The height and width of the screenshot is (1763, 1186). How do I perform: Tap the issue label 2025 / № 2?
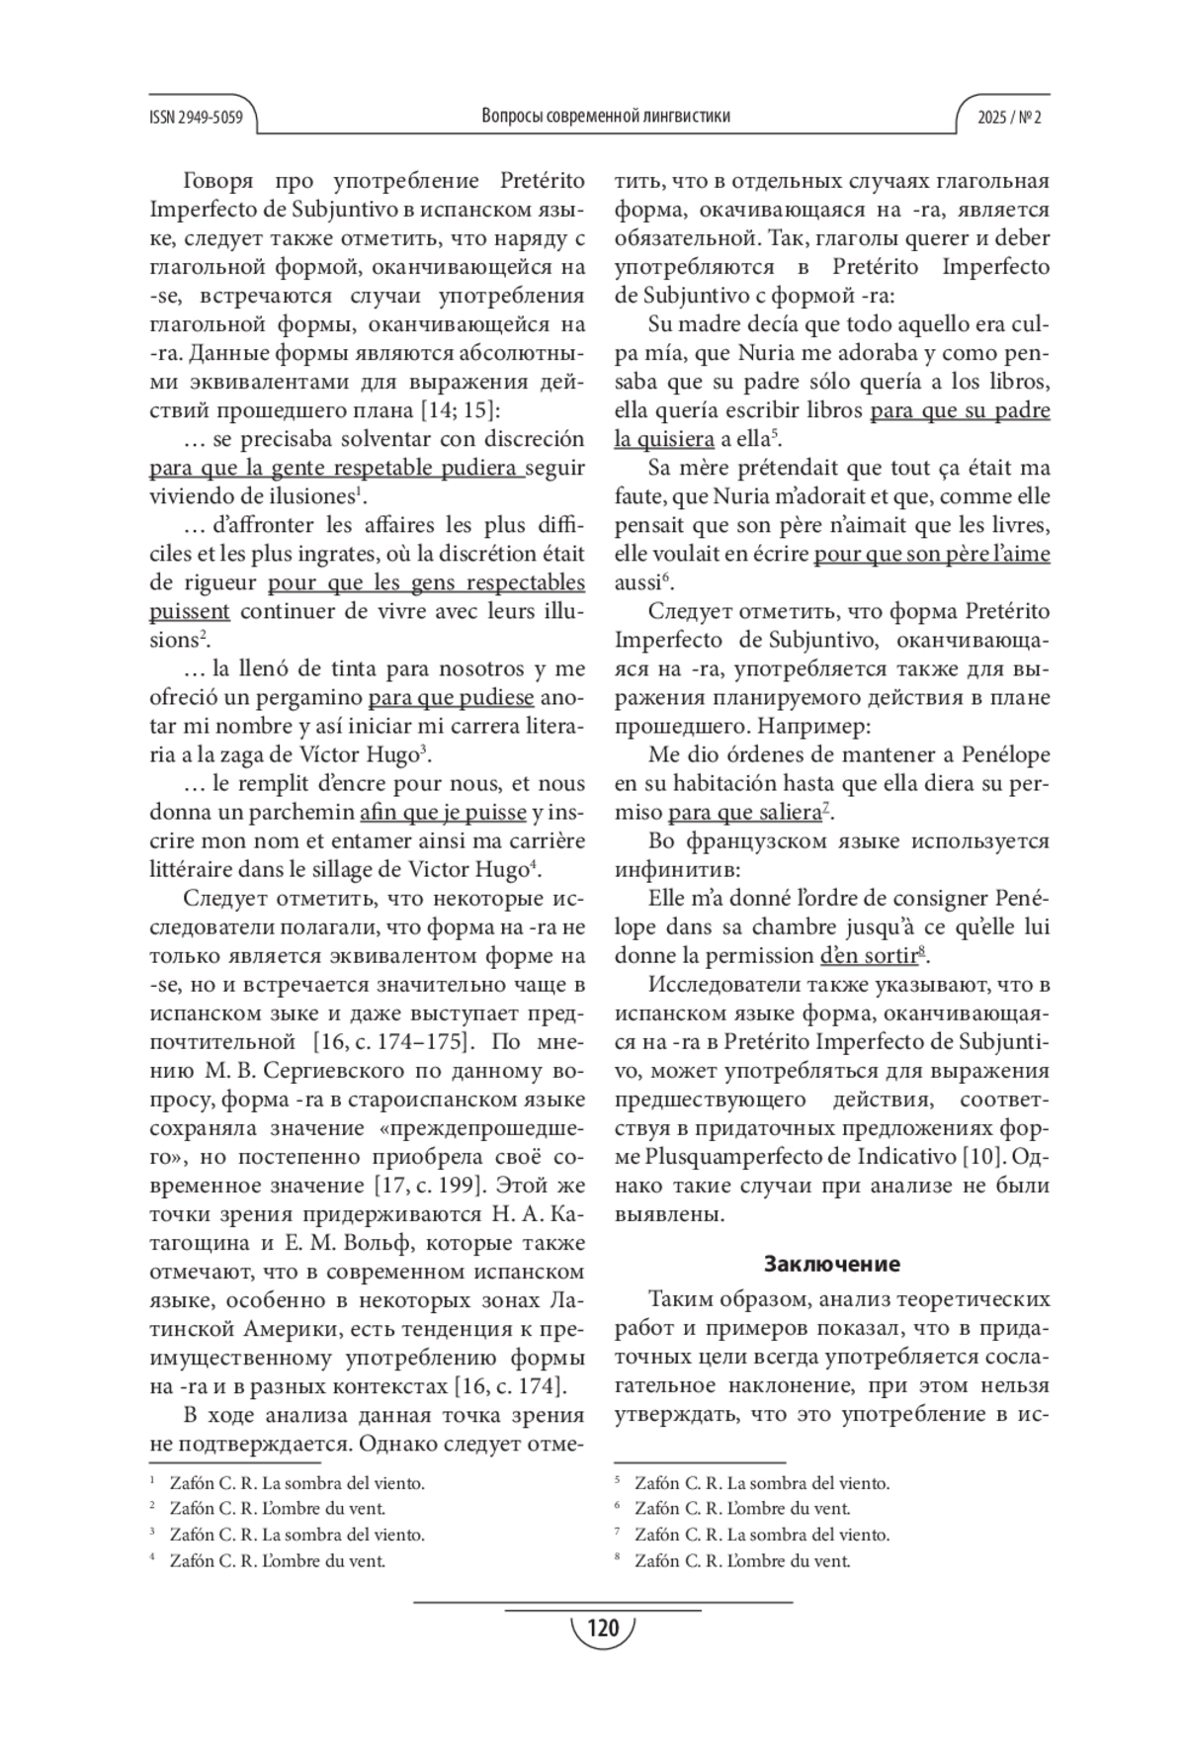pos(1009,117)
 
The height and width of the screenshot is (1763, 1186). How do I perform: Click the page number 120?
pos(602,1628)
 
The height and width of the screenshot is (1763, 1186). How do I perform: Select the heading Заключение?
pos(832,1264)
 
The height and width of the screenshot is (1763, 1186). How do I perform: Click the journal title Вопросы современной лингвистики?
pos(606,116)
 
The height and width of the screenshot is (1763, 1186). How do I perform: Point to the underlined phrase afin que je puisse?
pos(443,813)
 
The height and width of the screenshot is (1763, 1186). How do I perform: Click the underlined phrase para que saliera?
pos(744,813)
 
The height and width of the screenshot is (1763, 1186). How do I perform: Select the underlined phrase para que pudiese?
pos(451,698)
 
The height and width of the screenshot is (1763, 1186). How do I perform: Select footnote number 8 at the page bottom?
pos(618,1560)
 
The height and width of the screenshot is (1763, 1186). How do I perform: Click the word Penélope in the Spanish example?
pos(999,755)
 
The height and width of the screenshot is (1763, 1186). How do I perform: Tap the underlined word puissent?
pos(190,611)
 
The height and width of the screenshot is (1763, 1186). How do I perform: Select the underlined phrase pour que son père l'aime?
pos(931,554)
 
